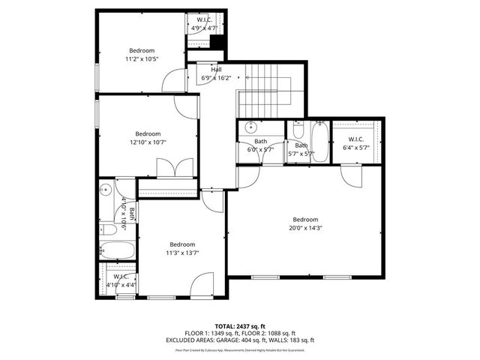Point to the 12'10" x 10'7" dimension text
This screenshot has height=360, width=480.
(148, 142)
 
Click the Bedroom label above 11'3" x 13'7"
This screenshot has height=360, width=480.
(182, 244)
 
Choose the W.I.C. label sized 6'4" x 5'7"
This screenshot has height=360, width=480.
(356, 139)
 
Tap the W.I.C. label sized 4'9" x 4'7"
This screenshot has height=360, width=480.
(204, 19)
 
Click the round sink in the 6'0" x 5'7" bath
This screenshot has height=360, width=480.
(253, 127)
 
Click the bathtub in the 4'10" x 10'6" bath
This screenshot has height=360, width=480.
(117, 250)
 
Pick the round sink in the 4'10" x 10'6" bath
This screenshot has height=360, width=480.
(106, 190)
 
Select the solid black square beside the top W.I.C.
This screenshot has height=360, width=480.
(217, 43)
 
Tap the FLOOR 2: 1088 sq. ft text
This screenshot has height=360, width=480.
(269, 333)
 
